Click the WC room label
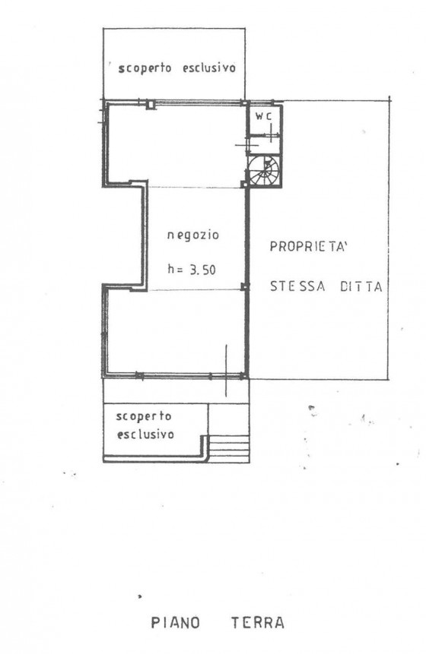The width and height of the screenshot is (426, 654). (x=263, y=116)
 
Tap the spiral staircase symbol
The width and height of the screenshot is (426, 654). (x=265, y=171)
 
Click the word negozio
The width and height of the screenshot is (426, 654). (x=193, y=235)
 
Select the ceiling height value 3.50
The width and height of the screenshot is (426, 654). (x=203, y=270)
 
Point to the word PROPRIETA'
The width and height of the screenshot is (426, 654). (x=309, y=247)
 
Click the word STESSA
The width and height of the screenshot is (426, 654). (x=297, y=286)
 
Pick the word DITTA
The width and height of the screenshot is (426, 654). (x=361, y=287)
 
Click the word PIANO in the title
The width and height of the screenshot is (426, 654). (x=175, y=623)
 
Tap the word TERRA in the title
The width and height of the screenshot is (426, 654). (x=258, y=623)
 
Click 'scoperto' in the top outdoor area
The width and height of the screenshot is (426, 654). (x=145, y=68)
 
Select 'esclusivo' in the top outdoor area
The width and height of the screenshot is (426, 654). (x=209, y=68)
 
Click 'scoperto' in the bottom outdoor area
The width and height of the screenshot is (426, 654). (x=144, y=417)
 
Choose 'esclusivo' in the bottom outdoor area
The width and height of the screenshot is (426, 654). (x=145, y=434)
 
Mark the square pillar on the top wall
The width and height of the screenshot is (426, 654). (x=151, y=104)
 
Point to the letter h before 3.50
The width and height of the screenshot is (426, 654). (x=171, y=269)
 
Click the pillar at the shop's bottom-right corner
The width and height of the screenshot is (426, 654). (x=244, y=376)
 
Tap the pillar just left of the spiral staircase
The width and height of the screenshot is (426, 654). (x=244, y=184)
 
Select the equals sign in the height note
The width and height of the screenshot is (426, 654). (x=180, y=270)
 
